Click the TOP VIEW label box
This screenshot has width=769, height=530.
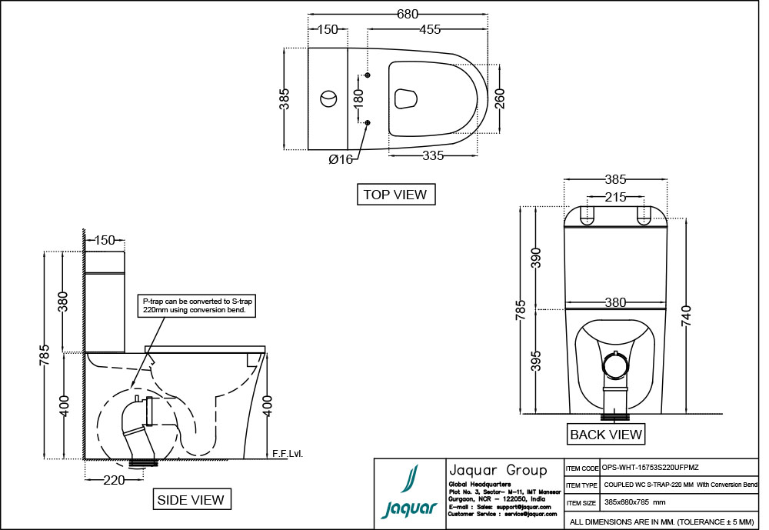pyautogui.click(x=396, y=195)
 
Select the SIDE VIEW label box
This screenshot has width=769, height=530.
pyautogui.click(x=191, y=500)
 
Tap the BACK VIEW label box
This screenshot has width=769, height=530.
pyautogui.click(x=606, y=435)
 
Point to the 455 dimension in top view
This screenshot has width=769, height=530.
pyautogui.click(x=429, y=29)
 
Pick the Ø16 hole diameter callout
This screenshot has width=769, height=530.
pyautogui.click(x=340, y=159)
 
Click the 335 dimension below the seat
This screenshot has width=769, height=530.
pyautogui.click(x=433, y=156)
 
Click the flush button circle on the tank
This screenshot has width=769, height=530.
pyautogui.click(x=328, y=98)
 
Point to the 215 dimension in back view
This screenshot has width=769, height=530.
pyautogui.click(x=614, y=197)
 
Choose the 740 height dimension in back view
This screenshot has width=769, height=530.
pyautogui.click(x=687, y=317)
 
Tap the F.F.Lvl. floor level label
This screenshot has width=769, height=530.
pyautogui.click(x=288, y=453)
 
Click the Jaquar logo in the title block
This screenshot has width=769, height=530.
pyautogui.click(x=408, y=492)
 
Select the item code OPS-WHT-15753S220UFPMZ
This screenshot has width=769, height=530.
pyautogui.click(x=651, y=468)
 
